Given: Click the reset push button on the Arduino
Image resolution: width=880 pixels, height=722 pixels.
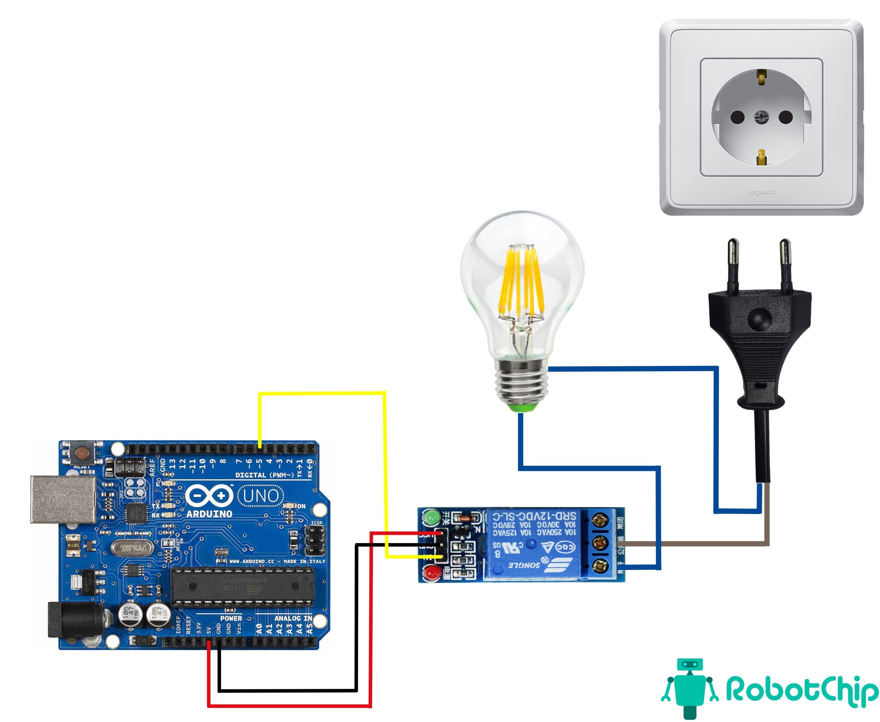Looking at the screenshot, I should click(x=83, y=453).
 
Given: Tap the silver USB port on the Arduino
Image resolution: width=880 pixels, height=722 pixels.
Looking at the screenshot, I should click(x=62, y=499).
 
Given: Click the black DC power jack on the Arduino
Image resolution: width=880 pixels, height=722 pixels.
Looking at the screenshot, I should click(x=75, y=620).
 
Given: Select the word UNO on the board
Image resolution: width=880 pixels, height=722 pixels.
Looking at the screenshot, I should click(x=261, y=496).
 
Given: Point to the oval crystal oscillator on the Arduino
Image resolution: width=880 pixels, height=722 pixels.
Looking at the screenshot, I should click(x=131, y=548).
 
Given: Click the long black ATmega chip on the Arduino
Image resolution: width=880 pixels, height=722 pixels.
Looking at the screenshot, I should click(x=243, y=586).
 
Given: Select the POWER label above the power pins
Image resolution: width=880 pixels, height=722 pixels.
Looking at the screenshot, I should click(x=231, y=618).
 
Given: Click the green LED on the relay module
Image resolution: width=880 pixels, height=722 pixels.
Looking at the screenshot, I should click(x=431, y=517).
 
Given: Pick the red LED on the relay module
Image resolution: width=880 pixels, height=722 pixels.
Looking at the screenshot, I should click(x=431, y=573).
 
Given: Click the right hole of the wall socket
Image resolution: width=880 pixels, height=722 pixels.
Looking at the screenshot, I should click(x=785, y=117).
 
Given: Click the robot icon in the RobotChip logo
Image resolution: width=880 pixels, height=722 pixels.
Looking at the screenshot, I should click(x=690, y=686).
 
